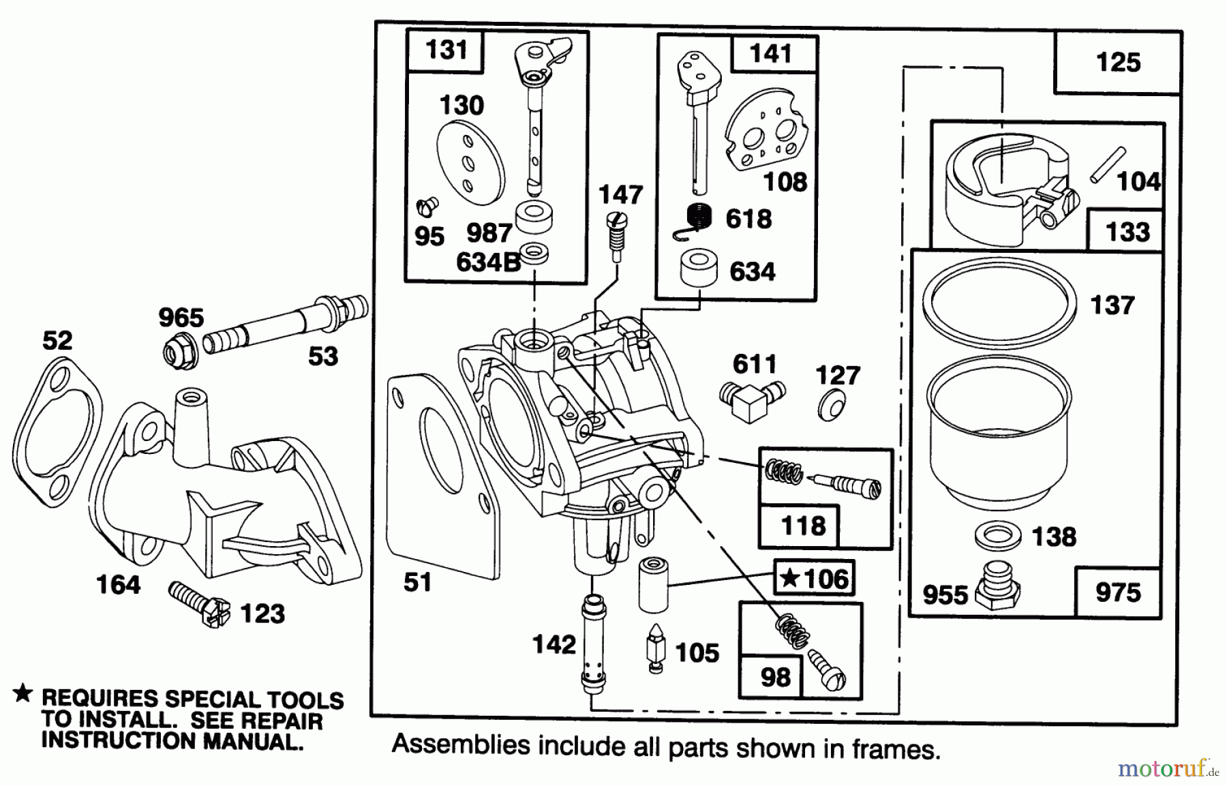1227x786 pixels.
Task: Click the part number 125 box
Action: pos(1118,62)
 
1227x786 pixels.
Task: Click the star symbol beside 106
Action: pos(789,579)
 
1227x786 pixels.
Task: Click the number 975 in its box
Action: pos(1118,592)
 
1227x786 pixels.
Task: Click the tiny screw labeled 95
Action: pos(428,205)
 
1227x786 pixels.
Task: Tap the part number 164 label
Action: pos(119,584)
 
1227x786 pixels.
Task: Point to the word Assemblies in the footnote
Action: pos(461,744)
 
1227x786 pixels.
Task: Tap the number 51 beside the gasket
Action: pos(417,582)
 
